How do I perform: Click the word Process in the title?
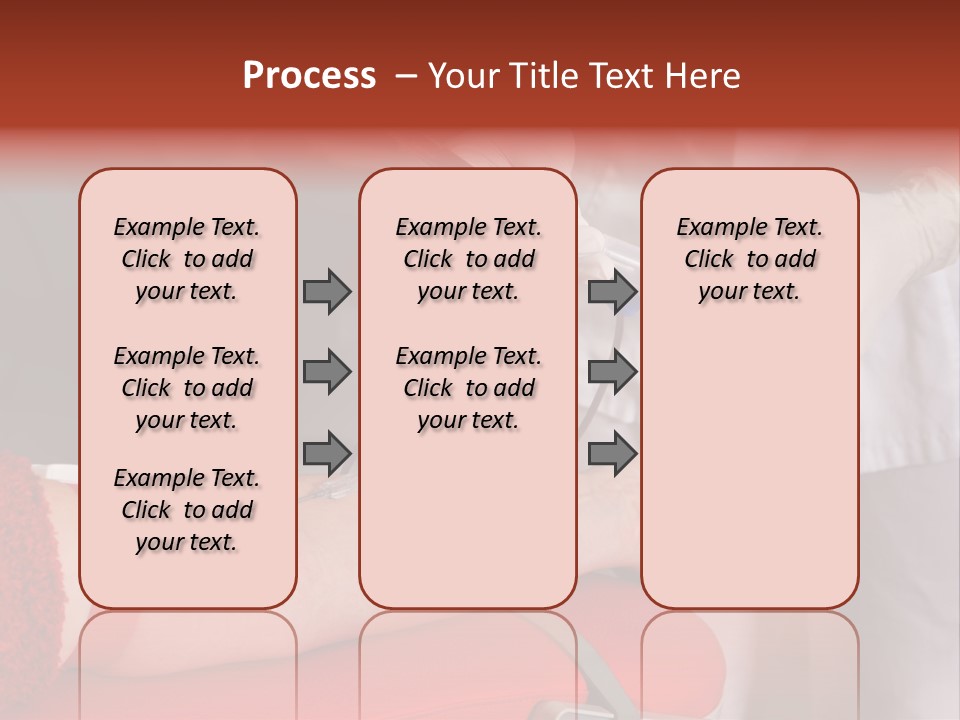pyautogui.click(x=309, y=76)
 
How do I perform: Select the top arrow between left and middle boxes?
pyautogui.click(x=326, y=291)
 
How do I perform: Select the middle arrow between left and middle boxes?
pyautogui.click(x=326, y=372)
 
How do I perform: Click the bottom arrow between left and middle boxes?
pyautogui.click(x=326, y=453)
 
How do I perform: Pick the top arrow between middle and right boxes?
pyautogui.click(x=611, y=291)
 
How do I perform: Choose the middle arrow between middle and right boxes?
pyautogui.click(x=611, y=372)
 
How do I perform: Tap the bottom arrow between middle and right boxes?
pyautogui.click(x=611, y=453)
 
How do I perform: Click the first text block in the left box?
pyautogui.click(x=187, y=259)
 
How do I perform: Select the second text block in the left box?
pyautogui.click(x=187, y=388)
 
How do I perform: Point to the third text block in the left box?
pyautogui.click(x=187, y=510)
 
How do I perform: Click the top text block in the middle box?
pyautogui.click(x=468, y=259)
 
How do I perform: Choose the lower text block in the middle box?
pyautogui.click(x=468, y=388)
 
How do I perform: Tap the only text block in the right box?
pyautogui.click(x=749, y=259)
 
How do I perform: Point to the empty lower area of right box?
pyautogui.click(x=749, y=470)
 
